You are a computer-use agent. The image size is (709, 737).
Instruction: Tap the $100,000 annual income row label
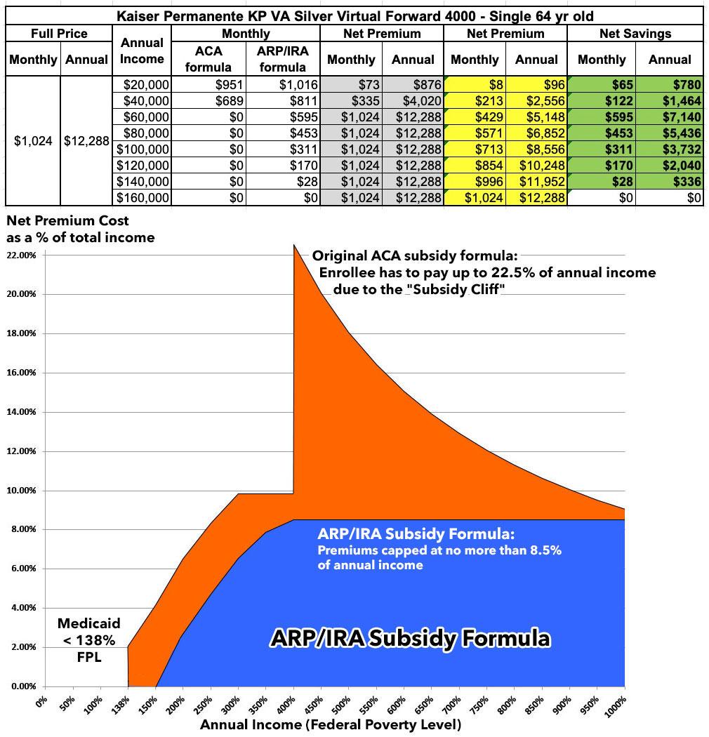(x=143, y=149)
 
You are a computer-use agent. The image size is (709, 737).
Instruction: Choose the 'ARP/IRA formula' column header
(x=282, y=60)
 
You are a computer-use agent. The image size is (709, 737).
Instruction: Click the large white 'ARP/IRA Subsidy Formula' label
(x=411, y=639)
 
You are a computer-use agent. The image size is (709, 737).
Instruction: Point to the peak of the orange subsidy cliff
(x=294, y=245)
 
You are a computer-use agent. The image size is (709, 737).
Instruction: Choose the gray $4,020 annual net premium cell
(x=413, y=100)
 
